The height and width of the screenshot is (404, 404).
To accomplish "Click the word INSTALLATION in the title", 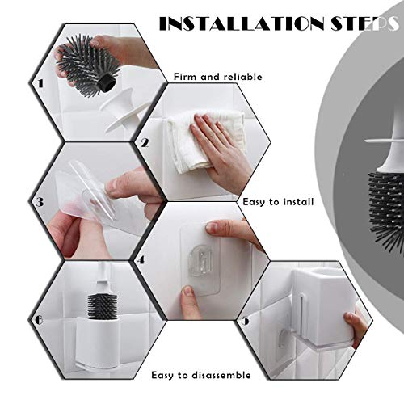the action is (x=242, y=24).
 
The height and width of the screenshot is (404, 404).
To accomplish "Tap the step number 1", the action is (x=40, y=83).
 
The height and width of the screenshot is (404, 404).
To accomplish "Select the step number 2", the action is (x=145, y=142).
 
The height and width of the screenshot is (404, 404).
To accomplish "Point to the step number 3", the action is (x=40, y=202).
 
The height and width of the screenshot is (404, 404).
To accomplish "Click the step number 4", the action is (x=141, y=260).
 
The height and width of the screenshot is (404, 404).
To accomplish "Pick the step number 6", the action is (x=39, y=320).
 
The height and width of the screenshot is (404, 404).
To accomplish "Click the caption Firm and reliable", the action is (x=217, y=77).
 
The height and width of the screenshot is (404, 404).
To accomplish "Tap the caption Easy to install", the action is (x=278, y=202).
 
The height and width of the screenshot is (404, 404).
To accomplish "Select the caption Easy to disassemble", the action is (x=201, y=375).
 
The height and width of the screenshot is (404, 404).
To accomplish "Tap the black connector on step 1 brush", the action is (x=106, y=82).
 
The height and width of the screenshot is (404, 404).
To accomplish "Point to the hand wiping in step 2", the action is (x=221, y=151).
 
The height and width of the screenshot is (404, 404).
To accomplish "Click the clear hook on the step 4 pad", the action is (x=200, y=260).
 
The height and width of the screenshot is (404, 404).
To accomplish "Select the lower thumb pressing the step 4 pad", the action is (x=188, y=301).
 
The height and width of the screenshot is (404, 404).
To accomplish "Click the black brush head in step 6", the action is (x=103, y=306).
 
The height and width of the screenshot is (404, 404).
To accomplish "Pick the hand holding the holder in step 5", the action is (x=356, y=326).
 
